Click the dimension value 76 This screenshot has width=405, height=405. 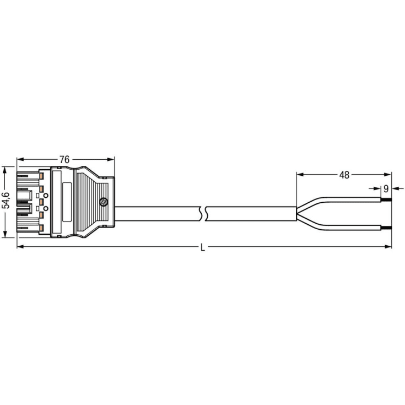pos(64,160)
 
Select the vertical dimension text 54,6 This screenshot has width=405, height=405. pos(6,201)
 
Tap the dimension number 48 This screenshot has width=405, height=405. pos(344,175)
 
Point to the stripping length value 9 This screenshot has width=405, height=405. pos(386,189)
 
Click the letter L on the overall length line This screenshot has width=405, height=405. pos(203,248)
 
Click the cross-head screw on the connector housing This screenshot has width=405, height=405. pos(104,202)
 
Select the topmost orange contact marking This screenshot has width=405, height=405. pos(41,176)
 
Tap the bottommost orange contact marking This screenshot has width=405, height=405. pos(41,228)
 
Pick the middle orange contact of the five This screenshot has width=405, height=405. pos(41,202)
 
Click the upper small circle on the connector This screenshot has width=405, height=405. pos(46,196)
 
